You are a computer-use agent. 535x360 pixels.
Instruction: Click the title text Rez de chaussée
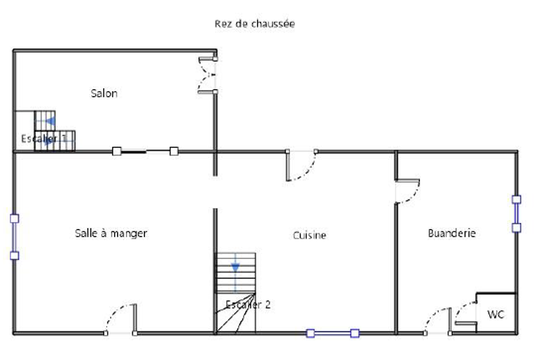[255, 24]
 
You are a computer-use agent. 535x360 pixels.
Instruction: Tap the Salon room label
[104, 94]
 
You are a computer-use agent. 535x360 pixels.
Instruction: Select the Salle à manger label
[111, 233]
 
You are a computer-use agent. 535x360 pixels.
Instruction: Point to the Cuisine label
[309, 235]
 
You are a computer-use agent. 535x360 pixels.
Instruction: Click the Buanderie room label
[452, 233]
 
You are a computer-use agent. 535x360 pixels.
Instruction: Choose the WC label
[495, 315]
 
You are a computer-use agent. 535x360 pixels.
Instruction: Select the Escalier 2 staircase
[235, 293]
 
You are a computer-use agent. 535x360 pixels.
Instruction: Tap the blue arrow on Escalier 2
[235, 267]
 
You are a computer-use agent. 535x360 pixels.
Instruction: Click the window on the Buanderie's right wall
[516, 213]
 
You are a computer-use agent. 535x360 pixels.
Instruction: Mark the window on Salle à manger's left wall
[14, 236]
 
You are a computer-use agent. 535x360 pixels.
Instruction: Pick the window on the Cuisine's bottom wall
[332, 334]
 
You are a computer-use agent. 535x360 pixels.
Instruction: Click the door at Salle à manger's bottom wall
[121, 320]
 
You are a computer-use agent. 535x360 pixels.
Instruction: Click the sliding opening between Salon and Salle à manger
[145, 151]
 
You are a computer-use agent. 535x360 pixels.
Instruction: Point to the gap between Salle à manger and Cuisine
[216, 192]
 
